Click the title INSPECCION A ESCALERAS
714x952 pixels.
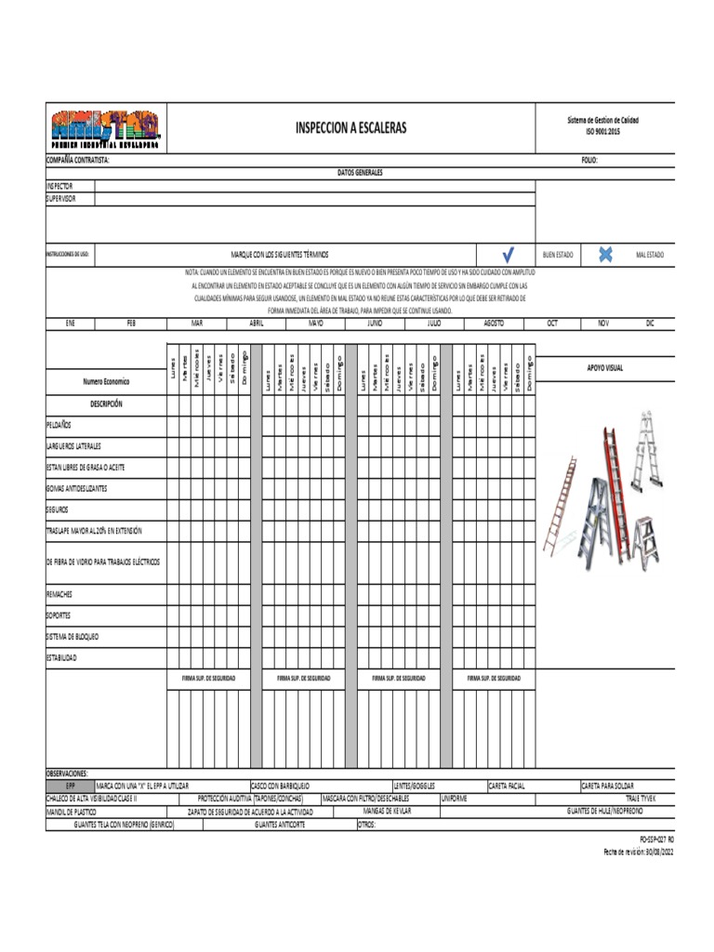[350, 127]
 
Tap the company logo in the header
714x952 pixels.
[104, 128]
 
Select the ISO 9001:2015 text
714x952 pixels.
[602, 132]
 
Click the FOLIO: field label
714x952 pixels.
[589, 160]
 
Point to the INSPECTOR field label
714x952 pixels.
[59, 186]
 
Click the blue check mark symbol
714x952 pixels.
[508, 254]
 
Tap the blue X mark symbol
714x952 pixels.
[605, 254]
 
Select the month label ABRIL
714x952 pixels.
[257, 323]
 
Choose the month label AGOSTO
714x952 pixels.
[494, 323]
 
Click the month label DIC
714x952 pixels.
[650, 323]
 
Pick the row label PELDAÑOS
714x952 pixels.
[59, 424]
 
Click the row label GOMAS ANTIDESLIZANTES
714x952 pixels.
[76, 488]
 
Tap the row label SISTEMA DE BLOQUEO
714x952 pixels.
[72, 637]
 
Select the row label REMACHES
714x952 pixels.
[59, 593]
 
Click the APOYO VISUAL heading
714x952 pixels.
[604, 368]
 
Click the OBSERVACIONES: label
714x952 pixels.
[67, 773]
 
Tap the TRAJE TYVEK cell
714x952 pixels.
[641, 799]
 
